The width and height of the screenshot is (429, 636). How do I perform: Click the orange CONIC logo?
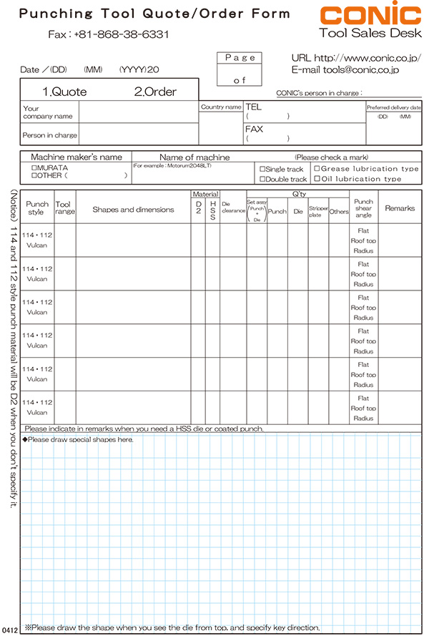370,16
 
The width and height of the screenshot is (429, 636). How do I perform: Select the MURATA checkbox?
34,167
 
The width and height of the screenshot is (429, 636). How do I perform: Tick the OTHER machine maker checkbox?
34,175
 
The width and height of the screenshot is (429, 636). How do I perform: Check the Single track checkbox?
262,170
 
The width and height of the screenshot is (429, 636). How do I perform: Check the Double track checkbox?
262,180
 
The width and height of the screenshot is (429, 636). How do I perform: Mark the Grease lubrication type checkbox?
317,169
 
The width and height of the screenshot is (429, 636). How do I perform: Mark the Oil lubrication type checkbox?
317,179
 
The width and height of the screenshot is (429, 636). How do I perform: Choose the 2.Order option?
155,92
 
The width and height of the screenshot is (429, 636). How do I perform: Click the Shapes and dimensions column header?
133,210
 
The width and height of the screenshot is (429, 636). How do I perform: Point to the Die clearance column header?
233,208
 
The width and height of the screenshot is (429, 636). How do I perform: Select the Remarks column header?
400,208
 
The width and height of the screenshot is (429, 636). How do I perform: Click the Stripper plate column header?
318,212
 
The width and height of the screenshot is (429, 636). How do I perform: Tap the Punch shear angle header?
363,208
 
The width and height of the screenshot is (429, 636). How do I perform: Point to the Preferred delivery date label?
394,107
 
